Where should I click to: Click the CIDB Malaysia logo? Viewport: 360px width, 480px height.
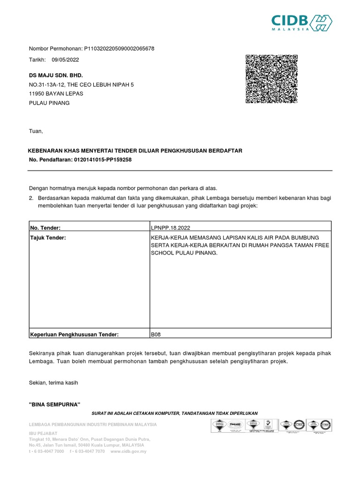pos(302,22)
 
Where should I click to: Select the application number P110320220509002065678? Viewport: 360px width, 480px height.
pos(119,48)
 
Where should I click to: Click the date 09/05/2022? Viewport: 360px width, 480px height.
pos(65,60)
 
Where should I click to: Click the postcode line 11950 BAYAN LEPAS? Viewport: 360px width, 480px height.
pos(56,93)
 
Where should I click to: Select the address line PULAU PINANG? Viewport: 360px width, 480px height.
pos(49,103)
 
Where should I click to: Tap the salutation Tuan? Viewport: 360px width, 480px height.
pos(36,131)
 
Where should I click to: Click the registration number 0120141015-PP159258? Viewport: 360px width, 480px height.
pos(103,160)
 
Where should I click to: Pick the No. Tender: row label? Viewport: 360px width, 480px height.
pos(45,227)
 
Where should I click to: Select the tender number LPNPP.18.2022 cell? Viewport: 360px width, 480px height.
pos(172,227)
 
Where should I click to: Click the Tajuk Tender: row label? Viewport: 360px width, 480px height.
pos(48,238)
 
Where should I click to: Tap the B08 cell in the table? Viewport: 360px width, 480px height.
pos(156,334)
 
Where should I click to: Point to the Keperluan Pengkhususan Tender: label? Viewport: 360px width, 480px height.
pos(75,334)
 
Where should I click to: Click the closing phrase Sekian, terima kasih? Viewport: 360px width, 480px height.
pos(53,382)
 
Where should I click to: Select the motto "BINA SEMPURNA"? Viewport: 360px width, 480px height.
pos(55,405)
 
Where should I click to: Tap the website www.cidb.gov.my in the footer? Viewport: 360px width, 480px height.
pos(128,451)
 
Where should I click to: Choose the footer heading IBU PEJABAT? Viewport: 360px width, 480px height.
pos(43,433)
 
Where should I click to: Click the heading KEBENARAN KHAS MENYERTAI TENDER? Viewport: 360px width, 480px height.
pos(135,150)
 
